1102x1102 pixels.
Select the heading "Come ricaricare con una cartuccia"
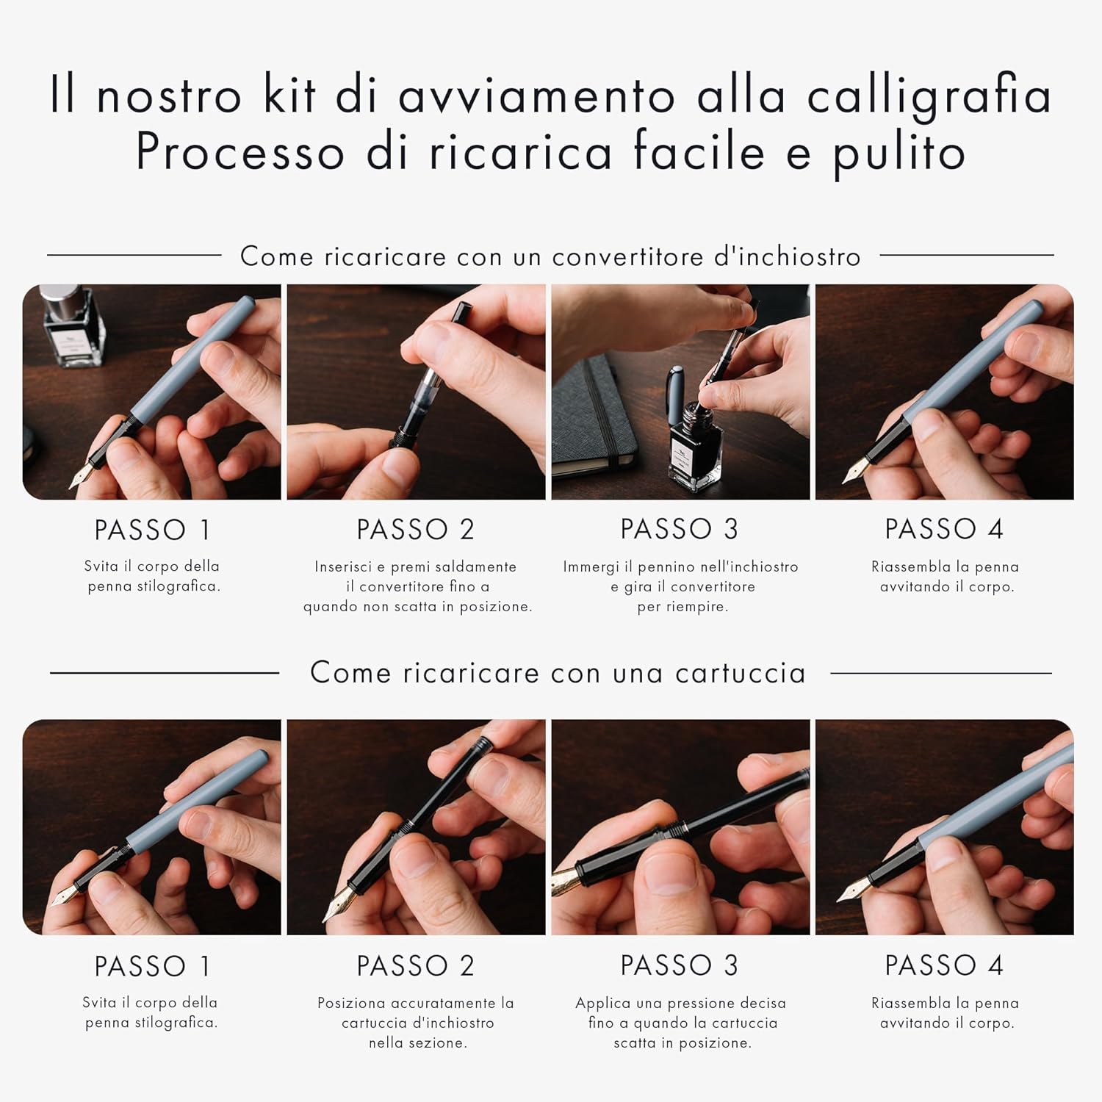click(558, 673)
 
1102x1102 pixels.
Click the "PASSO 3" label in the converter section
click(680, 529)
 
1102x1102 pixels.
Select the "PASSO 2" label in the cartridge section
click(416, 965)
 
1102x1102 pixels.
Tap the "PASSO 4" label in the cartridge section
click(944, 965)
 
